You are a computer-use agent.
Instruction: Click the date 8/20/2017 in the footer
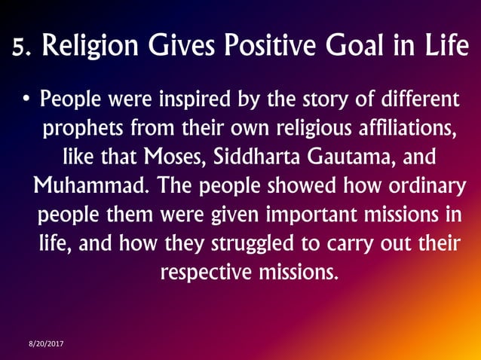point(46,343)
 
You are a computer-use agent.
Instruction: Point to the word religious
point(297,129)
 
